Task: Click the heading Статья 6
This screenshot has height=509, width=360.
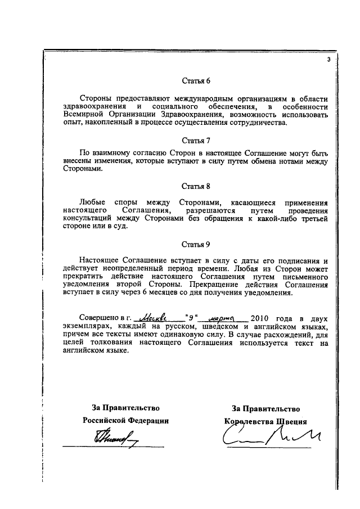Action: (x=196, y=80)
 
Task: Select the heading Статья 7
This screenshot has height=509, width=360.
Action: (x=196, y=140)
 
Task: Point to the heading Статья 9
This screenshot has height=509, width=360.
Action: (x=196, y=245)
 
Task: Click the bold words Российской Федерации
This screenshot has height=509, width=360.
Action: (x=125, y=420)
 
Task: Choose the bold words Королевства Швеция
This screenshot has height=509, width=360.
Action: (x=265, y=420)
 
